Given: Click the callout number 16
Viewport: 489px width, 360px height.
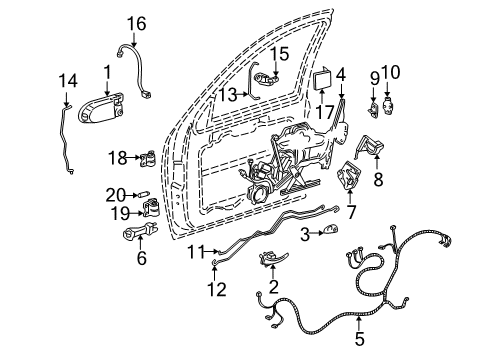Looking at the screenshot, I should click(135, 21).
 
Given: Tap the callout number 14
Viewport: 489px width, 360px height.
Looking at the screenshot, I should click(67, 81).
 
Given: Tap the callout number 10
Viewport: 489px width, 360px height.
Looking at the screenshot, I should click(390, 74).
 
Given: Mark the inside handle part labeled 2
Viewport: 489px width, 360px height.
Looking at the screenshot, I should click(271, 261).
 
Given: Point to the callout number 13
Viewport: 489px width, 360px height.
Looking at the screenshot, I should click(228, 94).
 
